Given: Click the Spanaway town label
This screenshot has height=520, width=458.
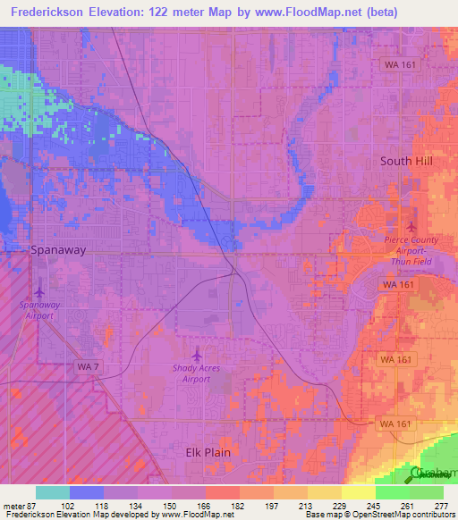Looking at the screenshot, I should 58,250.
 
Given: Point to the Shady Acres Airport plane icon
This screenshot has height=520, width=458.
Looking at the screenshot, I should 198,354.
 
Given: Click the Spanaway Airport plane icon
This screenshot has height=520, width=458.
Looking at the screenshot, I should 39,291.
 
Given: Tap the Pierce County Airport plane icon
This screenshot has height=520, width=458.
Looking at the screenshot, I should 411,225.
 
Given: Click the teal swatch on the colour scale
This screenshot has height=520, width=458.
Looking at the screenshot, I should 52,492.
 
